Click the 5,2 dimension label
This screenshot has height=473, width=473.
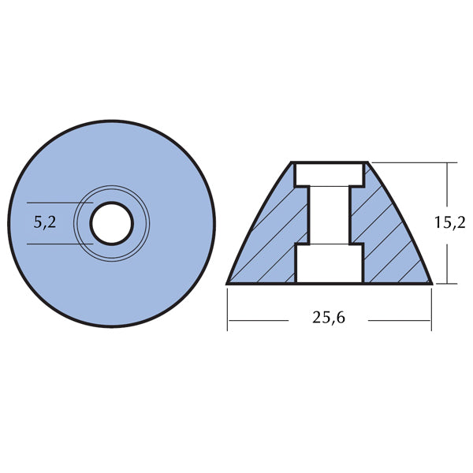pyautogui.click(x=45, y=223)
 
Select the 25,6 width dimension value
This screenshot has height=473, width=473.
pyautogui.click(x=330, y=319)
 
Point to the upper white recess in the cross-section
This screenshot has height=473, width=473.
pyautogui.click(x=330, y=174)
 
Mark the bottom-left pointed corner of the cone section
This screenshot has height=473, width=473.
pyautogui.click(x=229, y=282)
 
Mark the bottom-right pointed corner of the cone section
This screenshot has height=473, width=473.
pyautogui.click(x=431, y=282)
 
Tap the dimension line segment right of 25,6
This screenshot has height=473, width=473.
pyautogui.click(x=398, y=320)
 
